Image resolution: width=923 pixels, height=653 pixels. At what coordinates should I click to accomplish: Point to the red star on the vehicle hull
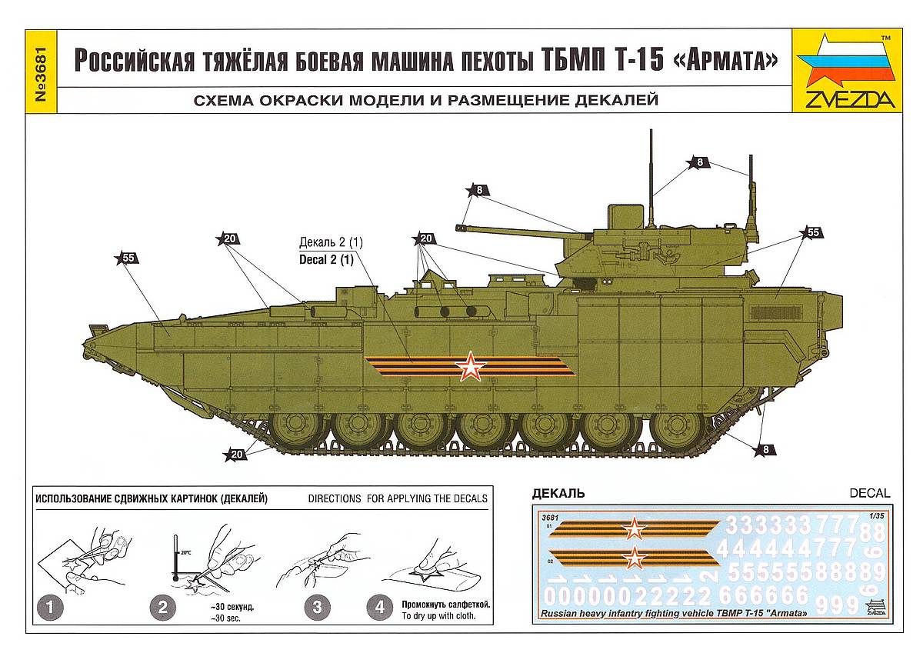point(470,367)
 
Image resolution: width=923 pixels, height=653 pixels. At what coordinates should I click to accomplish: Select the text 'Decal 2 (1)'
point(326,259)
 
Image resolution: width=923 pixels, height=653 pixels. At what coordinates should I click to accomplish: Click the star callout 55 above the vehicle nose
point(127,258)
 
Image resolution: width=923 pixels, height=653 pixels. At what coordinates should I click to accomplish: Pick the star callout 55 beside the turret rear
point(811,232)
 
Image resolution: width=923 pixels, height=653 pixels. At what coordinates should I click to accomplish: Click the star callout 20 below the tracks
point(235,454)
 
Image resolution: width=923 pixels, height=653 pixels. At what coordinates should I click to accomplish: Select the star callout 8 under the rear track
point(765,449)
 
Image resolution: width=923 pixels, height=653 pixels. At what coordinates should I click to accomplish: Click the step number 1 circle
point(50,608)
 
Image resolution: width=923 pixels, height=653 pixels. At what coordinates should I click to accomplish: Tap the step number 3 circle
point(316,608)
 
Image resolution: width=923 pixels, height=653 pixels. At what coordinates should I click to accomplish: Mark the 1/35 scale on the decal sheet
point(872,516)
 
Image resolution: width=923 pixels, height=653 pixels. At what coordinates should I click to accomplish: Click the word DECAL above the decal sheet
point(869,493)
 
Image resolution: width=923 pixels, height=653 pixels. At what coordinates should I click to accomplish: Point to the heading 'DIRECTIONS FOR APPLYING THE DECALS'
point(398,498)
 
